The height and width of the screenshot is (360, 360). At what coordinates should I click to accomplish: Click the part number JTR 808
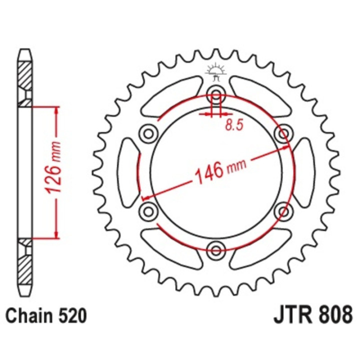tap(312, 316)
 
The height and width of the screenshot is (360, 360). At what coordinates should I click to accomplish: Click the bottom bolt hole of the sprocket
tap(215, 248)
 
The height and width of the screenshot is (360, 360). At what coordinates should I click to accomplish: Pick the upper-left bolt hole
tap(148, 133)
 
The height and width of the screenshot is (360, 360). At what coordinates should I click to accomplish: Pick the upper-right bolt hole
tap(283, 133)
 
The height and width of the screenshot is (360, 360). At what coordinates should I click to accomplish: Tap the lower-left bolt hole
tap(148, 210)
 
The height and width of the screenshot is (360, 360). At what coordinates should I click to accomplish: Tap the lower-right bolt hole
tap(283, 210)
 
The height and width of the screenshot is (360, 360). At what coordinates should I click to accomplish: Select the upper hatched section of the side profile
tap(25, 75)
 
